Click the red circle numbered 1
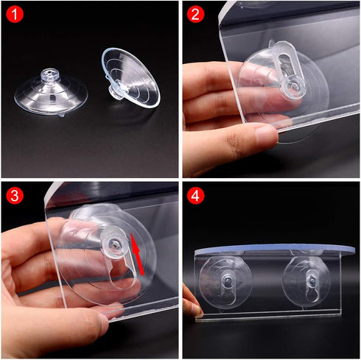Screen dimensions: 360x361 click(15, 15)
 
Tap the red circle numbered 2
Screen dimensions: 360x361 click(195, 15)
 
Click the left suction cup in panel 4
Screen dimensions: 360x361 click(228, 283)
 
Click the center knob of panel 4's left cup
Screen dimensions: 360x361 click(228, 280)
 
